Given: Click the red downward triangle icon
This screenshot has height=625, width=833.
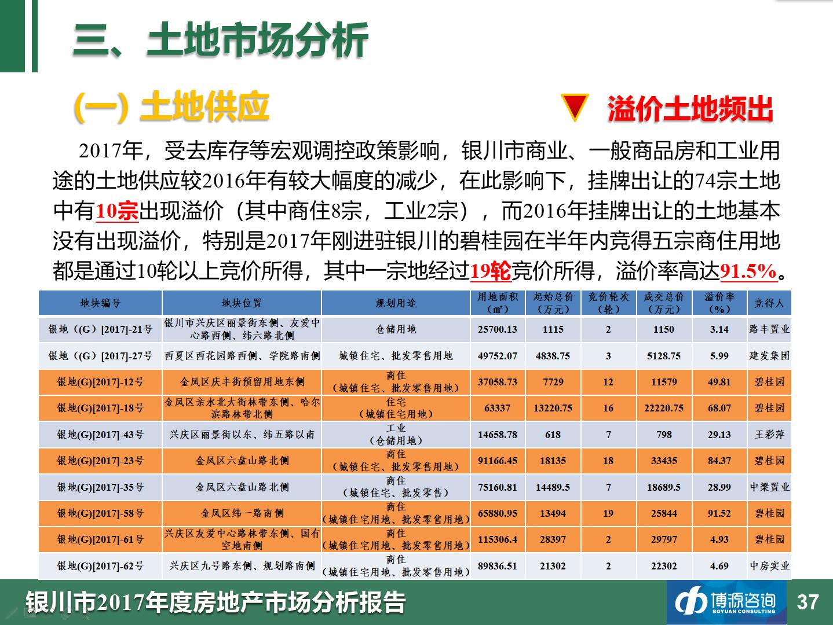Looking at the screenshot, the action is tap(575, 107).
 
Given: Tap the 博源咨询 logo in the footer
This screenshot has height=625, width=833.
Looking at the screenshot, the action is tap(726, 602).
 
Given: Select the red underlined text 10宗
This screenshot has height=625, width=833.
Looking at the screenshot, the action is tap(117, 211).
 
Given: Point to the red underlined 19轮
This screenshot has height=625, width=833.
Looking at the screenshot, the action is tap(491, 271).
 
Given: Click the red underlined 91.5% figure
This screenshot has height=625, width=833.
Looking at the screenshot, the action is tap(748, 271).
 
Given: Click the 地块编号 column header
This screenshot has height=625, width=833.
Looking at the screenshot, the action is tap(100, 303).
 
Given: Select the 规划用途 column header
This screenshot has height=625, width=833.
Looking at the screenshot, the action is tap(396, 303).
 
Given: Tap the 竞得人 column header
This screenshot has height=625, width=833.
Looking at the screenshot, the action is tap(769, 303).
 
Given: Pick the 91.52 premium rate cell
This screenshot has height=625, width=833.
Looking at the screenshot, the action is tap(719, 513).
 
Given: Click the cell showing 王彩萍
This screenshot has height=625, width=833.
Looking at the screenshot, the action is tap(769, 435).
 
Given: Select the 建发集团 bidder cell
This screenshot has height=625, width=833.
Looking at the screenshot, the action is tap(769, 355).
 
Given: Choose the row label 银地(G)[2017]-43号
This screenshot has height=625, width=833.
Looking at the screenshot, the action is tap(100, 435).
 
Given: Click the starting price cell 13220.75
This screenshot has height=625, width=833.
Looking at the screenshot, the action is tap(553, 408).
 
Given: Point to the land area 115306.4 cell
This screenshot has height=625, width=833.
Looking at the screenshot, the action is tap(498, 539).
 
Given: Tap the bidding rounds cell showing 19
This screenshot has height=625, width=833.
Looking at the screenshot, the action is tap(608, 513).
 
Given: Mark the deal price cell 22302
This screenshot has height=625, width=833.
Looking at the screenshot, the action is tap(664, 566).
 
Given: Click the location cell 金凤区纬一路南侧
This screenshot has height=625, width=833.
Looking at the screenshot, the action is tap(242, 513).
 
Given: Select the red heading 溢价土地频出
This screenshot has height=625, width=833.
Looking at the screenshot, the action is tap(690, 108).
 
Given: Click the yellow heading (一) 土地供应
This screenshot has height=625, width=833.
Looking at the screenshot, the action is tap(171, 107).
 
